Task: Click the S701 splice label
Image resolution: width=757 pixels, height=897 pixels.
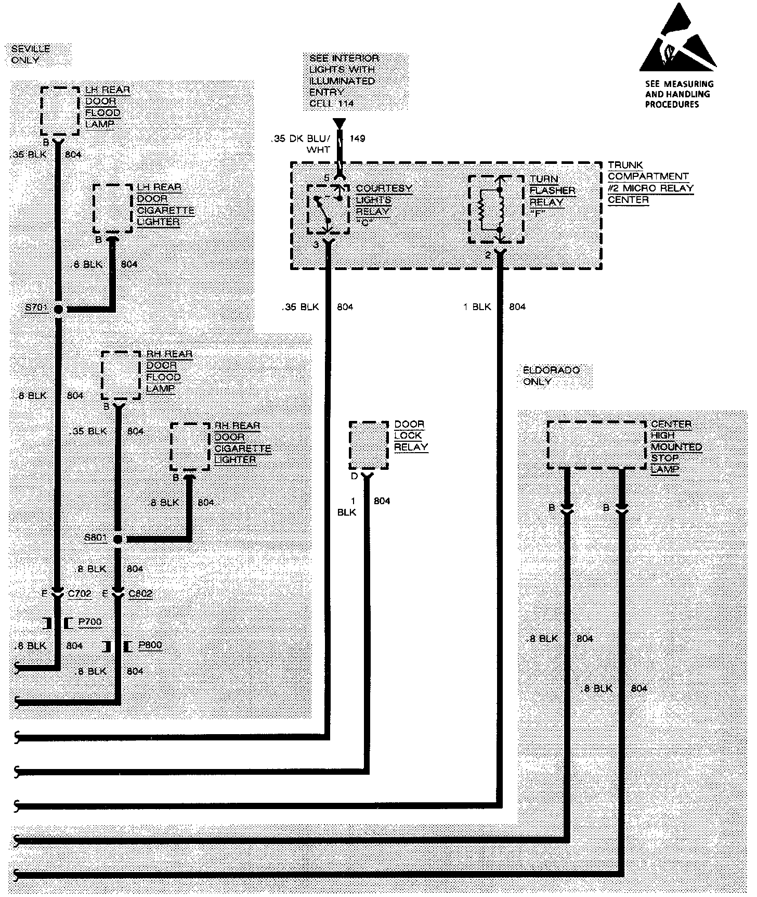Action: coord(36,308)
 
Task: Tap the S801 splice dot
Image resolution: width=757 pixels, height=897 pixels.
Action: coord(118,540)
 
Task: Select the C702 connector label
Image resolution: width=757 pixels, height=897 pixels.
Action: coord(80,594)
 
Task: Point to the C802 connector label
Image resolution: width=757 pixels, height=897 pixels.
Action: coord(140,594)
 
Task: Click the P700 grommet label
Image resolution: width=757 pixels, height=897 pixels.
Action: coord(89,622)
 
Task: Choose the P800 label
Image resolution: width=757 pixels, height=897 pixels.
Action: coord(150,645)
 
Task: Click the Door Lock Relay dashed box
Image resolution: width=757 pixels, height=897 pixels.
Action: coord(369,445)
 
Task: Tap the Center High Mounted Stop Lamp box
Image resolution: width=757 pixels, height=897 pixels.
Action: coord(596,444)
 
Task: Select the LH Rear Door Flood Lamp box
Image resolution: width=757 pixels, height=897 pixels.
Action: coord(60,111)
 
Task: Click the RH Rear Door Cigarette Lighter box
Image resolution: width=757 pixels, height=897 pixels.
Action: coord(190,446)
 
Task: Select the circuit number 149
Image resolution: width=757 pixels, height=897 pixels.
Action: coord(357,138)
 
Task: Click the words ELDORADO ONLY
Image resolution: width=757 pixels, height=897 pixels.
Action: coord(544,376)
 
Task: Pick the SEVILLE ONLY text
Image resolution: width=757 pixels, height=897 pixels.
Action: coord(31,54)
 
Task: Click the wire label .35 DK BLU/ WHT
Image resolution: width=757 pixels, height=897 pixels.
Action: coord(301,144)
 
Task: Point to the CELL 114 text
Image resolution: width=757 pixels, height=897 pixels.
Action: coord(332,104)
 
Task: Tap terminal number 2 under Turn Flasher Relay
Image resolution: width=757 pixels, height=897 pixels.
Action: coord(488,255)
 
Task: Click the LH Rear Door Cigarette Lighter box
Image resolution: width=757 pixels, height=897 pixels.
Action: coord(112,208)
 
